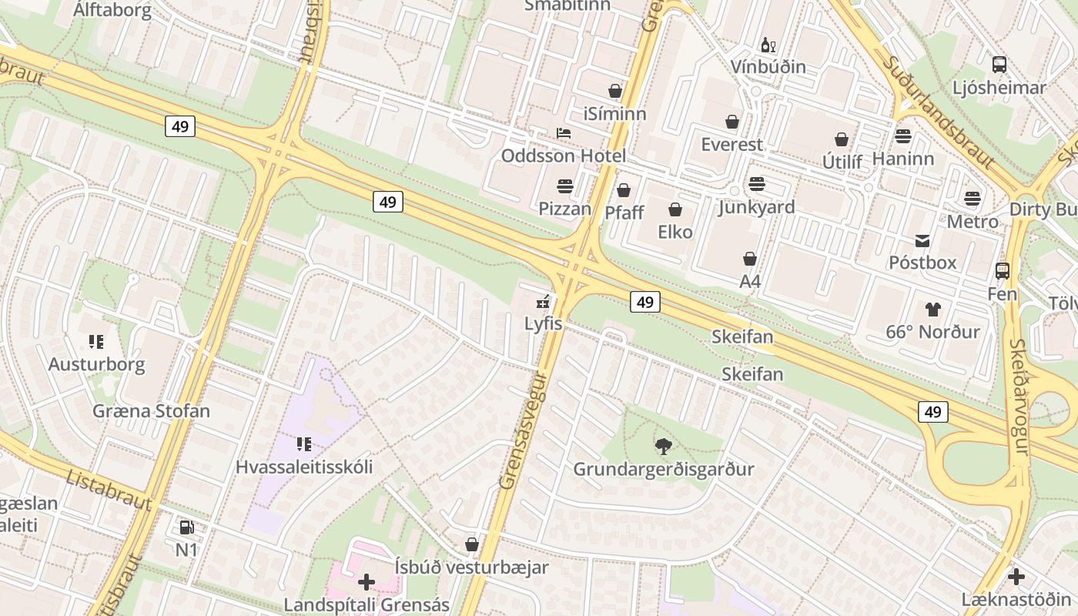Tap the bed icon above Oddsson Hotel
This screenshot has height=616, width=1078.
click(x=564, y=133)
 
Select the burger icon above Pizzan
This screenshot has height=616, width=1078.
click(x=565, y=186)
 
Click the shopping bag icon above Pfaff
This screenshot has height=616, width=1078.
click(x=624, y=189)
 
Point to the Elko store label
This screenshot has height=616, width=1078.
click(x=675, y=232)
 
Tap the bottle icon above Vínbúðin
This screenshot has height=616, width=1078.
click(x=767, y=45)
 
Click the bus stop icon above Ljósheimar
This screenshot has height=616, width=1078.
click(x=999, y=65)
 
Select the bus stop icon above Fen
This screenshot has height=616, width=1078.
click(x=1002, y=271)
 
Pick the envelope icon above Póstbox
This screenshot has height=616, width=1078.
click(x=922, y=240)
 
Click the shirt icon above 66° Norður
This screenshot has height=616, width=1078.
click(x=932, y=310)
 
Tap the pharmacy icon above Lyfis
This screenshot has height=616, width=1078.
click(x=544, y=302)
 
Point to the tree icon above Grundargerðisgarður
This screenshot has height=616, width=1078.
click(x=663, y=446)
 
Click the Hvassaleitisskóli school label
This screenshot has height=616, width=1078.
click(x=304, y=467)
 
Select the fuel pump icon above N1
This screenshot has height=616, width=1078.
click(x=186, y=527)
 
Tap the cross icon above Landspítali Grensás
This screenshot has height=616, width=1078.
click(x=367, y=581)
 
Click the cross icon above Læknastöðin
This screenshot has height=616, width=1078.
click(x=1016, y=576)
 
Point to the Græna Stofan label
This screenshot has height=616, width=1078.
click(x=151, y=410)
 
